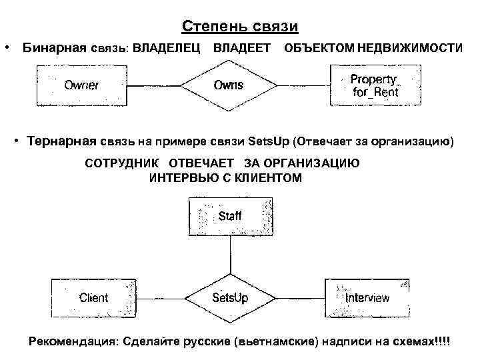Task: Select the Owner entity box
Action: (x=81, y=85)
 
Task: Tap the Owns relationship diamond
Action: (x=229, y=85)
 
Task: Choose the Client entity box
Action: (x=94, y=298)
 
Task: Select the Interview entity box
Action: (x=367, y=298)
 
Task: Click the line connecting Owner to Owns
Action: (x=153, y=85)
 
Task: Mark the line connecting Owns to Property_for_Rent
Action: (x=303, y=85)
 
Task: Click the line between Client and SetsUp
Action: (x=159, y=298)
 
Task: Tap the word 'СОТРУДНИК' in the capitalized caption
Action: (x=123, y=164)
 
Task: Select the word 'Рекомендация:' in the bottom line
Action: (x=73, y=341)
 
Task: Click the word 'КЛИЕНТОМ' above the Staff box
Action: (x=271, y=178)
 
